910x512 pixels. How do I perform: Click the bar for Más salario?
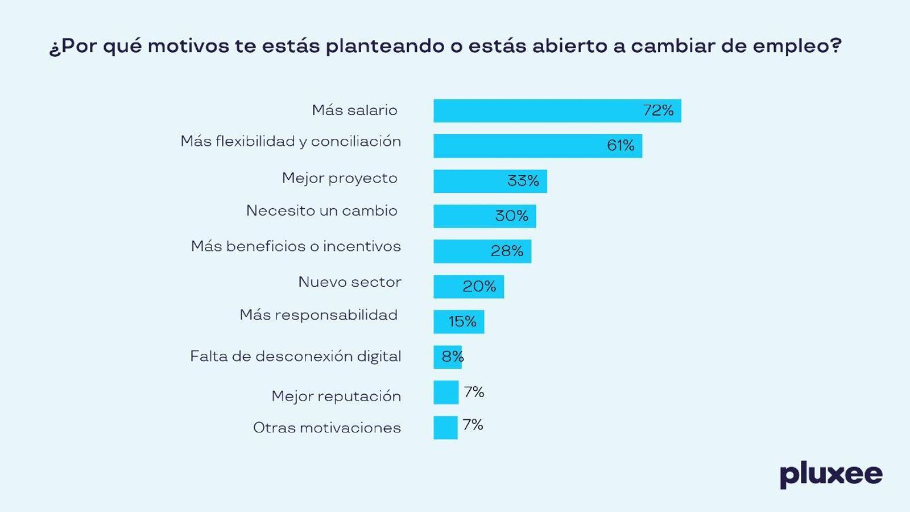pyautogui.click(x=535, y=111)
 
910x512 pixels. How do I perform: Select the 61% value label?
pyautogui.click(x=621, y=146)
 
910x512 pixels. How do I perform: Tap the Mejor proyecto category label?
pyautogui.click(x=340, y=178)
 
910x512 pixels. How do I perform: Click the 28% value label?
pyautogui.click(x=507, y=251)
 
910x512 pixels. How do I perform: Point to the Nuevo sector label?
pyautogui.click(x=350, y=282)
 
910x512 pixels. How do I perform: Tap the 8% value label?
pyautogui.click(x=453, y=357)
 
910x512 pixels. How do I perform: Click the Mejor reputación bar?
pyautogui.click(x=446, y=393)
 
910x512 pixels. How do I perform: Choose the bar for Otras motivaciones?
pyautogui.click(x=445, y=428)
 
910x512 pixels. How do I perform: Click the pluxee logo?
pyautogui.click(x=831, y=474)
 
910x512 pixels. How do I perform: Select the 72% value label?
pyautogui.click(x=658, y=110)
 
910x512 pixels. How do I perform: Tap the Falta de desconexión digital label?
pyautogui.click(x=296, y=357)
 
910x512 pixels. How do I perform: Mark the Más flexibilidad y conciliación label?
pyautogui.click(x=291, y=142)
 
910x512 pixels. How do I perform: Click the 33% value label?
pyautogui.click(x=523, y=181)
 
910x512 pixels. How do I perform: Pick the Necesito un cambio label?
pyautogui.click(x=322, y=211)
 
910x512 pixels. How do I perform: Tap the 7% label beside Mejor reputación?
pyautogui.click(x=474, y=392)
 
